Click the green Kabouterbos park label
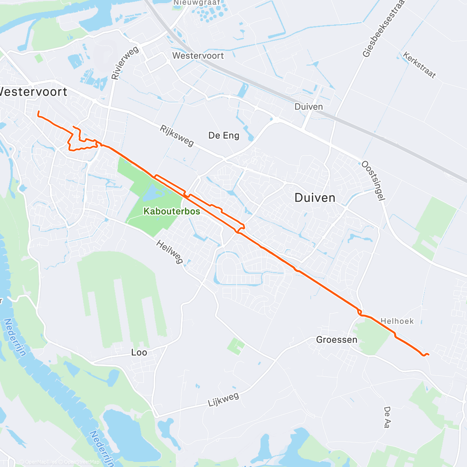click(x=172, y=211)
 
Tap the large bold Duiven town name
click(x=315, y=198)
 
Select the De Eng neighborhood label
click(x=224, y=135)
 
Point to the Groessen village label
click(x=337, y=340)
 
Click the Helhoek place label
click(x=397, y=321)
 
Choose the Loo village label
click(x=139, y=352)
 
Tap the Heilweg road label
click(x=170, y=252)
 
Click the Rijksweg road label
click(x=177, y=135)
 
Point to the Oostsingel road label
click(x=373, y=181)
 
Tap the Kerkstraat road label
click(x=419, y=65)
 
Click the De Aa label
click(x=387, y=417)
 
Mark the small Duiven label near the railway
click(x=309, y=107)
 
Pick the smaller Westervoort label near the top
click(x=198, y=56)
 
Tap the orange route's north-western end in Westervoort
click(x=38, y=112)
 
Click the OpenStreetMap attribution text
click(x=81, y=462)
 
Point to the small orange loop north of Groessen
click(x=360, y=312)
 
